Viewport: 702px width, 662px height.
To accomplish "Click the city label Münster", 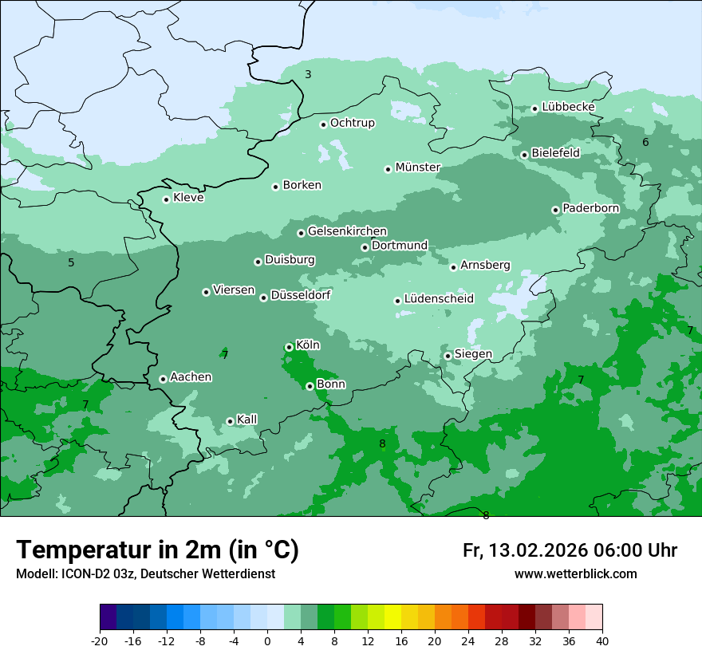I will pos(418,167).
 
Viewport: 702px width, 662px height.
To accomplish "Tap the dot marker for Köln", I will pos(289,347).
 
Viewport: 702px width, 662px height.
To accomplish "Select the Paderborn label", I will pos(590,208).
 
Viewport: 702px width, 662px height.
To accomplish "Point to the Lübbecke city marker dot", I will pos(534,108).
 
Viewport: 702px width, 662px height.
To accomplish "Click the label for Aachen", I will pos(191,377).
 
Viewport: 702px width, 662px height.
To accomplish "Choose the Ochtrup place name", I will pos(352,123).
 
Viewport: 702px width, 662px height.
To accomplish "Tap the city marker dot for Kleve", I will pos(166,199).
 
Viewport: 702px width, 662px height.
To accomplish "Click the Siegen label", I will pos(473,354).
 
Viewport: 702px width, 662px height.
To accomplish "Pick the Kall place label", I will pos(247,420).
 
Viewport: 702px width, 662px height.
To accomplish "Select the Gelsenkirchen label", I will pos(347,231).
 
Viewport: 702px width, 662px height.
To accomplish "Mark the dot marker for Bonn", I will pos(310,386).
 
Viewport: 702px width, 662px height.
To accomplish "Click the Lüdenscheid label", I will pos(439,299).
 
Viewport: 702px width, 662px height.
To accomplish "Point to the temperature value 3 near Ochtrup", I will pos(308,74).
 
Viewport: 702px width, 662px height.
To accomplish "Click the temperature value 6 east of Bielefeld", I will pos(645,142).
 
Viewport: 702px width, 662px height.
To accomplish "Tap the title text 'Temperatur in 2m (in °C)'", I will pos(157,550).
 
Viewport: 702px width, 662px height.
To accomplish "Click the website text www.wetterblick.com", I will pos(575,574).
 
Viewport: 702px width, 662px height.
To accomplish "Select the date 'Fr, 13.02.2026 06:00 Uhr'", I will pos(570,550).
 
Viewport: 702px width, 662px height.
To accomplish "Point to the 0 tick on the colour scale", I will pos(267,641).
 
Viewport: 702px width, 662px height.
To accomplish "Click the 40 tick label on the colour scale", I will pos(601,641).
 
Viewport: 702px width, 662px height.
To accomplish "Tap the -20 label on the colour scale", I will pos(100,641).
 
